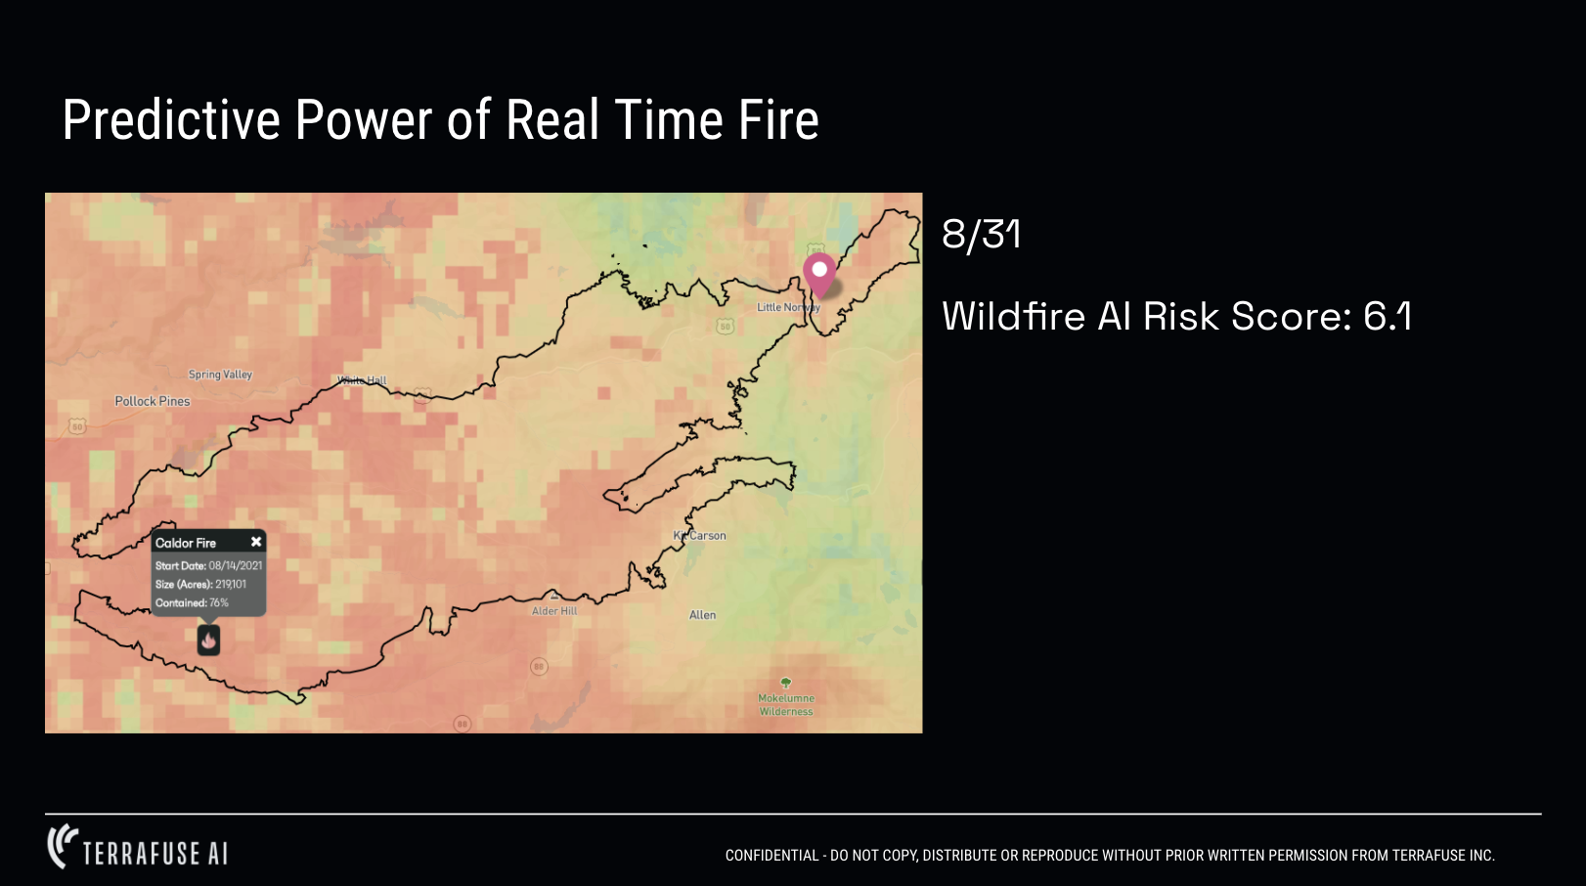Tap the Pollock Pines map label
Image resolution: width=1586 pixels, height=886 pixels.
click(x=153, y=401)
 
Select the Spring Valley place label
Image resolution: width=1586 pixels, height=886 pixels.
click(x=220, y=375)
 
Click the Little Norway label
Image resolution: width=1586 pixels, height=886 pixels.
click(x=787, y=307)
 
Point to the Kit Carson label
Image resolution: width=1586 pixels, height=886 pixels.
click(x=700, y=536)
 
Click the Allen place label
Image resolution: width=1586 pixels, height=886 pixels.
click(x=702, y=615)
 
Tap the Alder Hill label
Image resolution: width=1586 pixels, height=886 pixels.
click(x=554, y=611)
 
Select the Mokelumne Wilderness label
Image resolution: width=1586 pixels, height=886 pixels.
click(x=786, y=704)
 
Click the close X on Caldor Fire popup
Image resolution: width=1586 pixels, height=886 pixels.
click(x=256, y=542)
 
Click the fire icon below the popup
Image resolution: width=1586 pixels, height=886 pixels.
click(x=208, y=641)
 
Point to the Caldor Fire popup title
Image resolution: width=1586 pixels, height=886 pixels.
click(x=186, y=543)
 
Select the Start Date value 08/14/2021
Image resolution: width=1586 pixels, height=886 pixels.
click(x=235, y=565)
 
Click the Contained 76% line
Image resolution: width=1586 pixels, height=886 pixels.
click(x=192, y=602)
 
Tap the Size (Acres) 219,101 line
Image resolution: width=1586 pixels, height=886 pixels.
click(x=200, y=584)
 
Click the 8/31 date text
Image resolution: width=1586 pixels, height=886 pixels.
click(x=981, y=235)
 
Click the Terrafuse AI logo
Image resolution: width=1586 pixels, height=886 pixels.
click(x=138, y=848)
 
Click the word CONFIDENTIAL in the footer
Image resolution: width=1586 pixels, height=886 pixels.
click(x=771, y=856)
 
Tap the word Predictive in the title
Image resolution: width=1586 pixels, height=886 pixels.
click(x=171, y=120)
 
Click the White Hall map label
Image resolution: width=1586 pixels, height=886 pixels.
click(x=362, y=380)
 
